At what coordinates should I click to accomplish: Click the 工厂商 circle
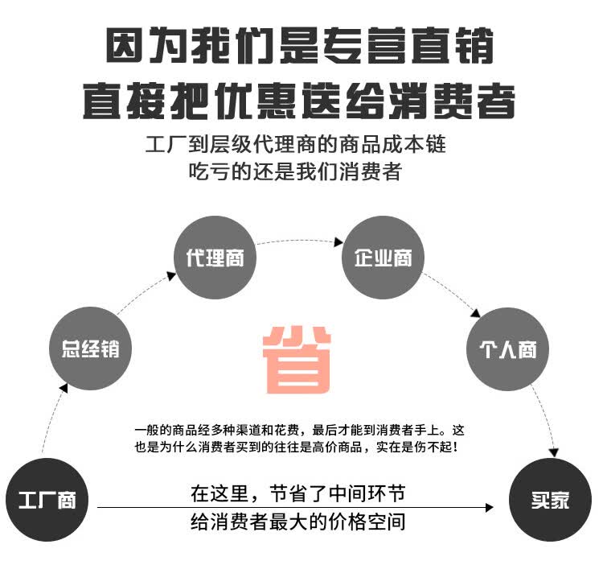point(47,499)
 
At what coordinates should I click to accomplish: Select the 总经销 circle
point(90,350)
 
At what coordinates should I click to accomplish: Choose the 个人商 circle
point(507,350)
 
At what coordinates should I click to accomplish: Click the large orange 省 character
point(297,359)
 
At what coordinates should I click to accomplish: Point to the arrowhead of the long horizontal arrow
point(489,508)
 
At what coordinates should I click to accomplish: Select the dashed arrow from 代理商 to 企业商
point(299,241)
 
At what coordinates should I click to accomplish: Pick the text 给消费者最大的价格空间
point(297,522)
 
